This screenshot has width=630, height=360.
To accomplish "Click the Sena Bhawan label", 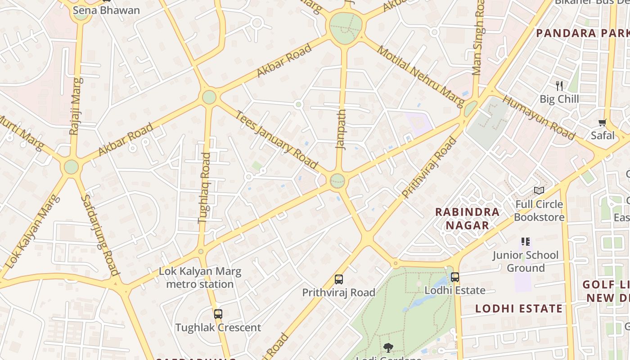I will pyautogui.click(x=106, y=10).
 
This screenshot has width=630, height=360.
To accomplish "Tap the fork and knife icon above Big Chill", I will pyautogui.click(x=559, y=85).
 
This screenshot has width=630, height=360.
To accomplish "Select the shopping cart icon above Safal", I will pyautogui.click(x=603, y=122).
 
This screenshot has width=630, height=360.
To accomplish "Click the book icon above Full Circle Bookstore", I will pyautogui.click(x=539, y=191).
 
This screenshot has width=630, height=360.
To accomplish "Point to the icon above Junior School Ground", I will pyautogui.click(x=525, y=242).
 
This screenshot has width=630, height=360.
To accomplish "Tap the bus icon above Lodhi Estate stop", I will pyautogui.click(x=455, y=277).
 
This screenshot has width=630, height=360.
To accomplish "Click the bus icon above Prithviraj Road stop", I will pyautogui.click(x=339, y=279).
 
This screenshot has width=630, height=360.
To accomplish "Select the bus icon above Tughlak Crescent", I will pyautogui.click(x=218, y=314).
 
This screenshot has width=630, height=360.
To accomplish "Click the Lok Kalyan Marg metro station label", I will pyautogui.click(x=200, y=278).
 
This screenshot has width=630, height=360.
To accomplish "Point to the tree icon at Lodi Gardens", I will pyautogui.click(x=388, y=347).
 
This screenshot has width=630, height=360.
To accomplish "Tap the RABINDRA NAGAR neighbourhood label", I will pyautogui.click(x=467, y=218).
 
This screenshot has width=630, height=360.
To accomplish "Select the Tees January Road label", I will pyautogui.click(x=276, y=140).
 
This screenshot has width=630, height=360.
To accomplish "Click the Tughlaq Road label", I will pyautogui.click(x=205, y=188).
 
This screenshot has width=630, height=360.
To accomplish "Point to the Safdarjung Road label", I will pyautogui.click(x=100, y=234).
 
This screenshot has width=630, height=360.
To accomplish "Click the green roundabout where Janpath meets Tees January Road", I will pyautogui.click(x=337, y=181).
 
